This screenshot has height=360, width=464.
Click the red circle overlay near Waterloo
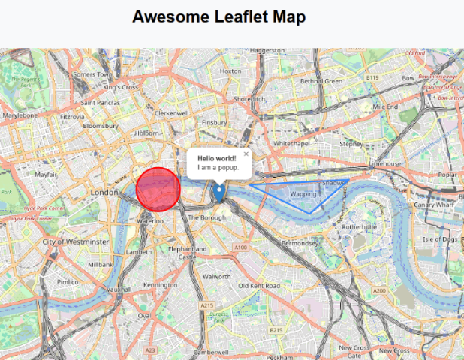point(158,188)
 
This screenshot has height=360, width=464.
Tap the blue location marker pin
point(219,192)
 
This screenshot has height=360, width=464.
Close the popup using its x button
point(246,154)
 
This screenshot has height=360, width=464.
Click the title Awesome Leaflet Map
point(219,17)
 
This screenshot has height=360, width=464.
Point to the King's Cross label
point(121,87)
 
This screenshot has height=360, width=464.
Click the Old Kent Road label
point(259,286)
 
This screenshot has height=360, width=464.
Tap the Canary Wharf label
point(434,204)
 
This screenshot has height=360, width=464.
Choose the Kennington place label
point(160,285)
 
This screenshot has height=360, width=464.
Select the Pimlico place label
point(68,282)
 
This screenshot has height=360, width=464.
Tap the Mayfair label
point(47,174)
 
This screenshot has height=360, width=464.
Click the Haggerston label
point(268,51)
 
